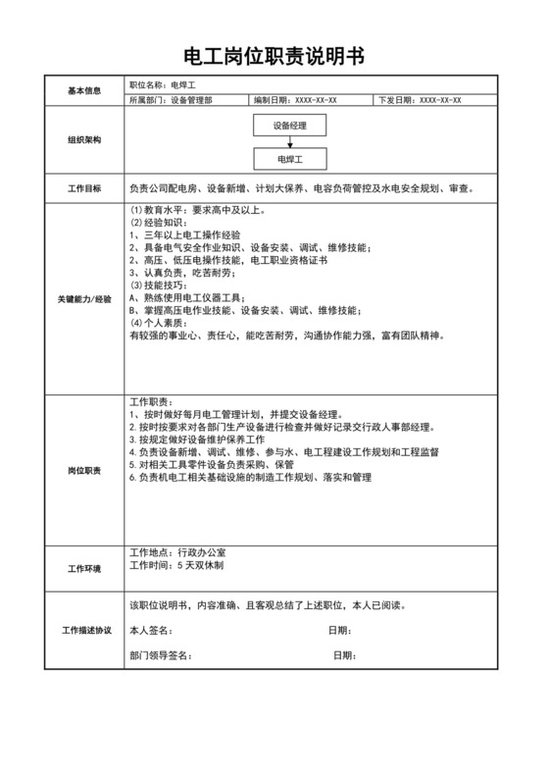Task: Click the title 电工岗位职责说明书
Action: click(x=274, y=55)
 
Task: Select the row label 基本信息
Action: click(x=84, y=91)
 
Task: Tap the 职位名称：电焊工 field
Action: click(x=163, y=85)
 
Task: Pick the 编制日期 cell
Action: click(x=294, y=100)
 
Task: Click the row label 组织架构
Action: click(x=84, y=140)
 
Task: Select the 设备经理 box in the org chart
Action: click(x=290, y=125)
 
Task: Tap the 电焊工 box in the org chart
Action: click(x=290, y=157)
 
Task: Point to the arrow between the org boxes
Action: click(x=290, y=141)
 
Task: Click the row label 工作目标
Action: click(x=84, y=187)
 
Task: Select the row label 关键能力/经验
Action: click(x=84, y=297)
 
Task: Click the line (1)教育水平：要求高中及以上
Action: click(x=196, y=210)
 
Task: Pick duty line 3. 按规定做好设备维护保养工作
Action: click(x=211, y=440)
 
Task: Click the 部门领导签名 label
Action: click(x=161, y=655)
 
